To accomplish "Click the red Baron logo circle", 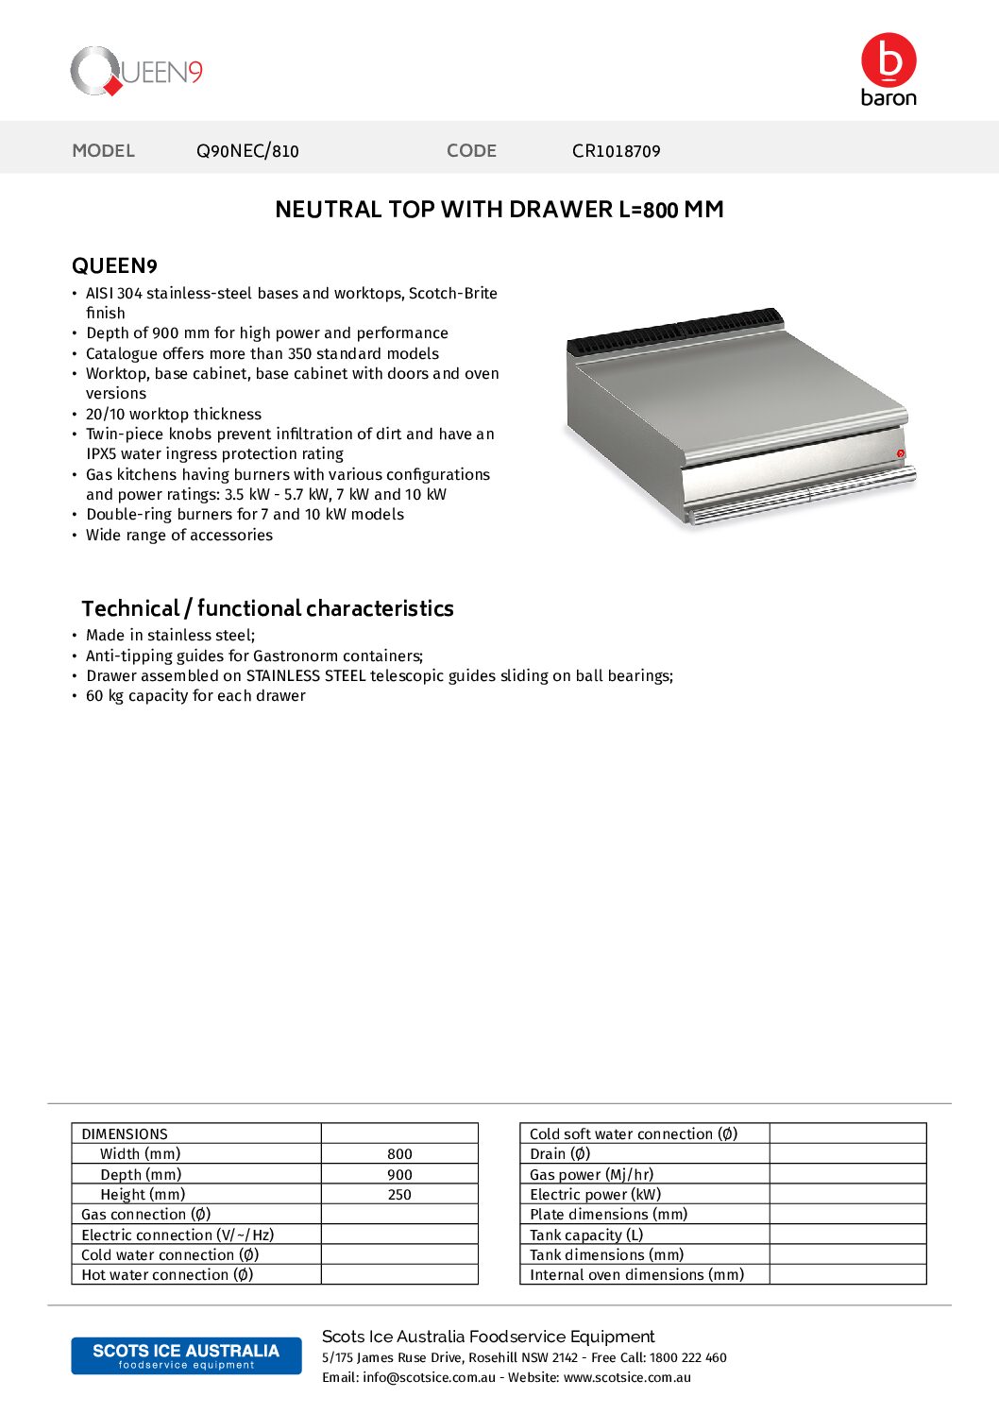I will [x=889, y=60].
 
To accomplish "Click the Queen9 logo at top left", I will [x=136, y=72].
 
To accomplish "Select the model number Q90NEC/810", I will [x=247, y=151].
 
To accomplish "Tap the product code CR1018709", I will [x=616, y=151].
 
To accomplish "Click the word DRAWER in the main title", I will [x=559, y=210].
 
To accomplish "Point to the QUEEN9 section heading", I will [x=114, y=266].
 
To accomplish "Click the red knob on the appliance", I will [x=900, y=454].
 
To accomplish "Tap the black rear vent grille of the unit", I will [x=678, y=330].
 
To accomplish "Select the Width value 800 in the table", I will [x=399, y=1154].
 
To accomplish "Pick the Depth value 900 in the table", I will [x=399, y=1175].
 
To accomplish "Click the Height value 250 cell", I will [x=399, y=1195].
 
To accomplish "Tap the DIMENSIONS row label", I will [x=125, y=1134].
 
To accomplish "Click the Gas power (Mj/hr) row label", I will [x=591, y=1175].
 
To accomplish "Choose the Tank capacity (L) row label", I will [x=586, y=1235].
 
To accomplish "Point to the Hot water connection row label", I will [x=167, y=1275].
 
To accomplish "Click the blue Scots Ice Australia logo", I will [x=186, y=1355].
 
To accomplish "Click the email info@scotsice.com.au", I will [x=429, y=1378].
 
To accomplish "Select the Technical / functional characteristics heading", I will [x=267, y=609].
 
